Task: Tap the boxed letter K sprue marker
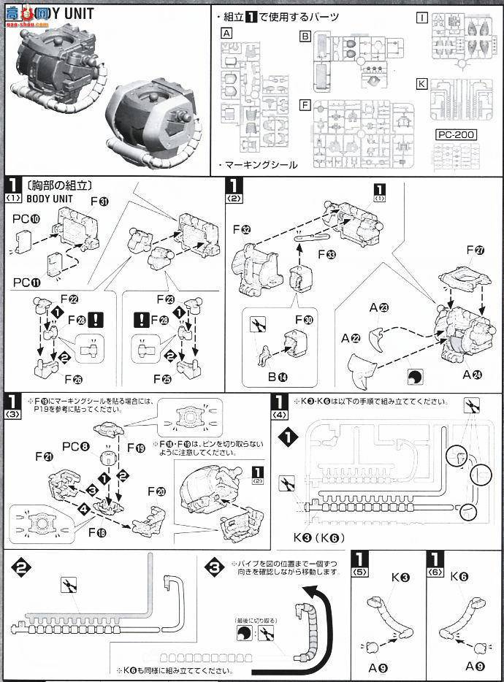click(421, 83)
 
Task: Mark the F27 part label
click(476, 251)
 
